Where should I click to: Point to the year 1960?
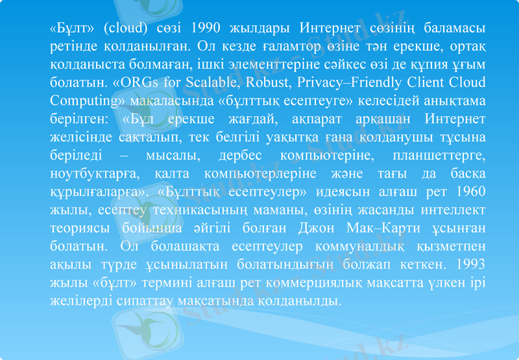coord(470,193)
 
